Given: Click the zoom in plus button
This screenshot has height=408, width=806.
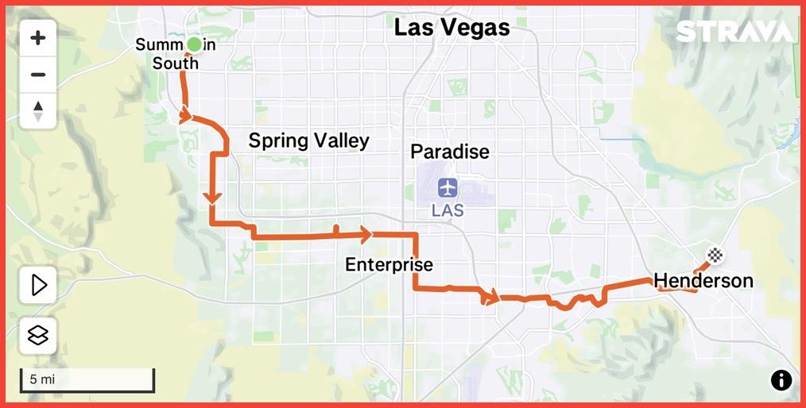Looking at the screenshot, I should pyautogui.click(x=37, y=37).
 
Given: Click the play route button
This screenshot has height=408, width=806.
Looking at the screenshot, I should pyautogui.click(x=37, y=284).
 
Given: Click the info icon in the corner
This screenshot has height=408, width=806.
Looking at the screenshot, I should pyautogui.click(x=781, y=380).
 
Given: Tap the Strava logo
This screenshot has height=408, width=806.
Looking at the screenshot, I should pyautogui.click(x=734, y=32).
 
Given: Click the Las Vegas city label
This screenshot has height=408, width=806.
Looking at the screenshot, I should pyautogui.click(x=451, y=28).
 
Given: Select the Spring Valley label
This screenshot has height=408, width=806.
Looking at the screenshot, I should pyautogui.click(x=308, y=141).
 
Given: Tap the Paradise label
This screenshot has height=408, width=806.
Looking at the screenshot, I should pyautogui.click(x=449, y=152).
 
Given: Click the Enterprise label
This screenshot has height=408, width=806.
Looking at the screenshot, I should pyautogui.click(x=389, y=265).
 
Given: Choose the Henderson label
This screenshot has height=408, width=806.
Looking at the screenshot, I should pyautogui.click(x=703, y=280).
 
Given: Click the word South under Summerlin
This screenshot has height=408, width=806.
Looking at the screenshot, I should pyautogui.click(x=176, y=64).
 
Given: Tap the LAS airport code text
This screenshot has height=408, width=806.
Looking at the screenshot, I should pyautogui.click(x=448, y=211).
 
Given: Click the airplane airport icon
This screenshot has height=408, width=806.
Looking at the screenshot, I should pyautogui.click(x=448, y=188).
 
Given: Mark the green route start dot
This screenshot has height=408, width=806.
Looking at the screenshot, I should pyautogui.click(x=193, y=45).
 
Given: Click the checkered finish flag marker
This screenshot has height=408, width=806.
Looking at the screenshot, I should pyautogui.click(x=715, y=255).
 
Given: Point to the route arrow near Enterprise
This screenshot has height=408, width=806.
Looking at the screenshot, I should pyautogui.click(x=365, y=234).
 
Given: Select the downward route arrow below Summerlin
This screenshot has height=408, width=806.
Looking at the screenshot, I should pyautogui.click(x=212, y=197).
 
